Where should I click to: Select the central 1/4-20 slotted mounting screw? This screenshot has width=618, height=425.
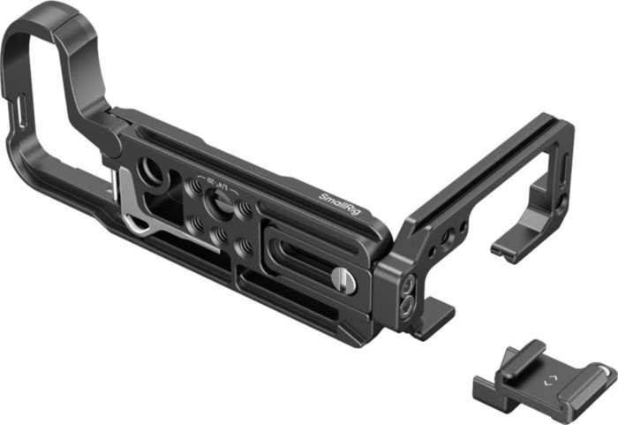tap(218, 205)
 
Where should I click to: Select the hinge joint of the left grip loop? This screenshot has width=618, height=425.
tap(112, 133)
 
